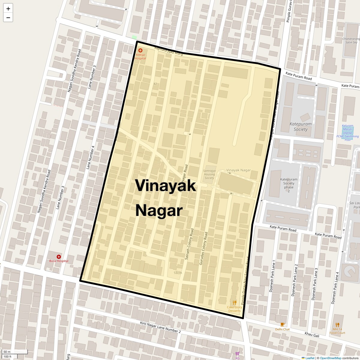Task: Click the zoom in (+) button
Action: [x=8, y=9]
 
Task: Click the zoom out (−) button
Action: [x=8, y=18]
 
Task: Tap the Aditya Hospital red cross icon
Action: [x=140, y=50]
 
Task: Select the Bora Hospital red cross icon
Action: [x=59, y=257]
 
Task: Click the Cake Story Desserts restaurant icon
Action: [x=235, y=302]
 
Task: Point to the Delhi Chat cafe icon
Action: [x=282, y=324]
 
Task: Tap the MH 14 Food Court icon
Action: [x=337, y=325]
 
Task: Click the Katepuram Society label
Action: [x=300, y=127]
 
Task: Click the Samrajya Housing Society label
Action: [x=209, y=174]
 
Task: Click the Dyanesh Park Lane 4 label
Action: [x=335, y=288]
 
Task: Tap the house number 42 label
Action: [x=155, y=84]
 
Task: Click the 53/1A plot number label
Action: [x=178, y=273]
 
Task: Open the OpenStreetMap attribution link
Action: [x=330, y=358]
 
